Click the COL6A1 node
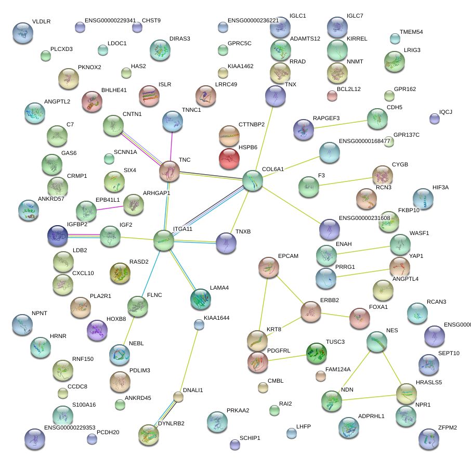point(253,180)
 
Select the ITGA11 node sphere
point(164,240)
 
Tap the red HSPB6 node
point(229,159)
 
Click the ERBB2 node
point(311,311)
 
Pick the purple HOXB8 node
point(97,330)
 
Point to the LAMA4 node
point(201,298)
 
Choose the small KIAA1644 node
point(199,324)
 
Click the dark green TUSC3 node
point(316,353)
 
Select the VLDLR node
point(22,32)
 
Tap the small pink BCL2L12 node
point(332,95)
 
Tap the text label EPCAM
point(288,256)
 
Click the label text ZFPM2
point(447,428)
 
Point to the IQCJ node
point(435,119)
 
